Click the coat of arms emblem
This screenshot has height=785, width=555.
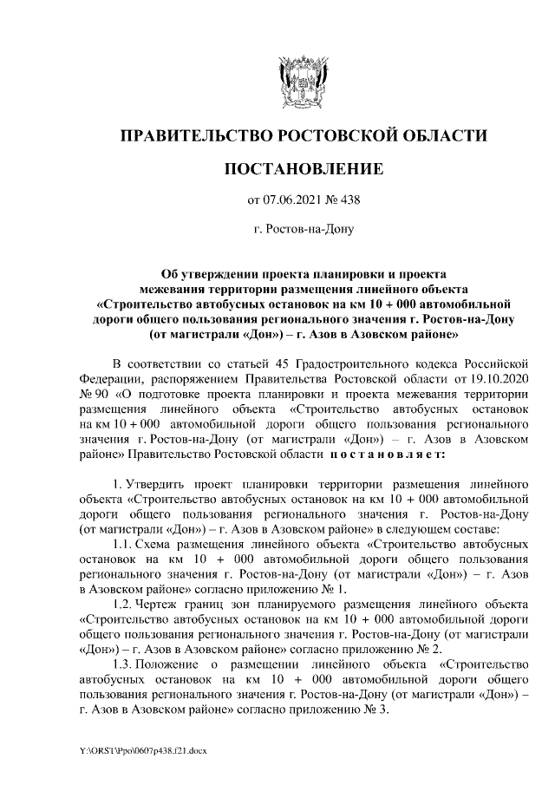(x=303, y=78)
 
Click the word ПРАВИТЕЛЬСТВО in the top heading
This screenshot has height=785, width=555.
(x=194, y=135)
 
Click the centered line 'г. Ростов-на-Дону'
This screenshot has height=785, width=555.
(x=303, y=231)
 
